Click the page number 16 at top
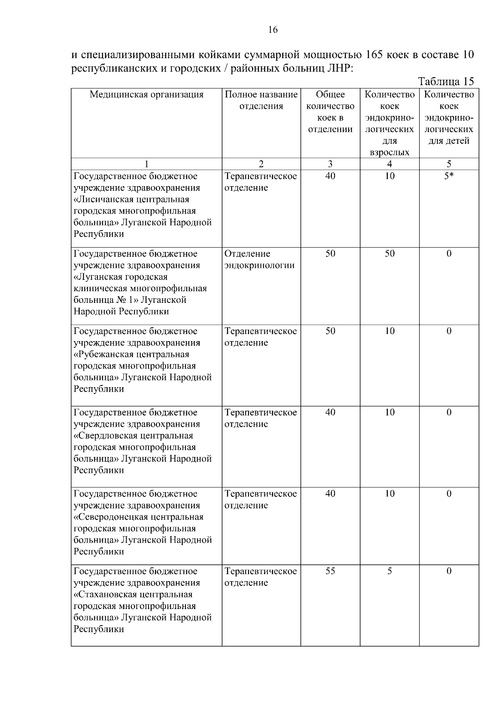[x=273, y=30]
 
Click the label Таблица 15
[x=446, y=81]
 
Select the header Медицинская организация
[x=146, y=94]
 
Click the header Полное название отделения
[x=261, y=100]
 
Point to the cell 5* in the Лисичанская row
[x=449, y=176]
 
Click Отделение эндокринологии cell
[x=259, y=260]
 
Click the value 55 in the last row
[x=330, y=571]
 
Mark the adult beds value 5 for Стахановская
[x=389, y=571]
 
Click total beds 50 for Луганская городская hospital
[x=330, y=254]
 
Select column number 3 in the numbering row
[x=330, y=164]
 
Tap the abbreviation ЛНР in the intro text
[x=339, y=68]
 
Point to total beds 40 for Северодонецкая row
[x=330, y=494]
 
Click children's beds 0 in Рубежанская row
[x=449, y=331]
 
